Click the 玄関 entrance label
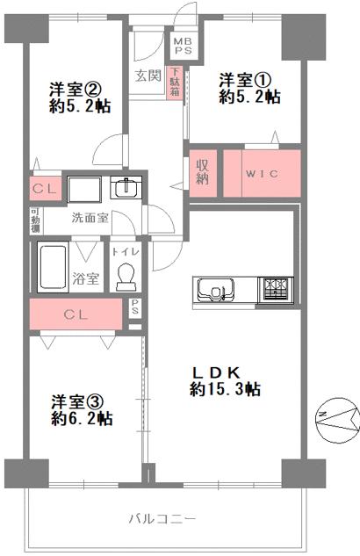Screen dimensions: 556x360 tap(148, 76)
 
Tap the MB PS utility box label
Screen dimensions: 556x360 tap(183, 44)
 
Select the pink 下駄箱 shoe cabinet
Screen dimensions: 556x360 tap(176, 83)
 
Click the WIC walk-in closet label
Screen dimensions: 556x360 tap(262, 173)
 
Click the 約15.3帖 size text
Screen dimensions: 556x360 tap(226, 387)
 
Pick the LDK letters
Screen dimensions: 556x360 tap(224, 370)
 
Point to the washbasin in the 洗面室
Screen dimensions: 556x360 tap(126, 188)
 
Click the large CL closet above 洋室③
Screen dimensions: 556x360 tap(76, 314)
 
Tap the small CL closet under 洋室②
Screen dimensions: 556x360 tap(43, 189)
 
